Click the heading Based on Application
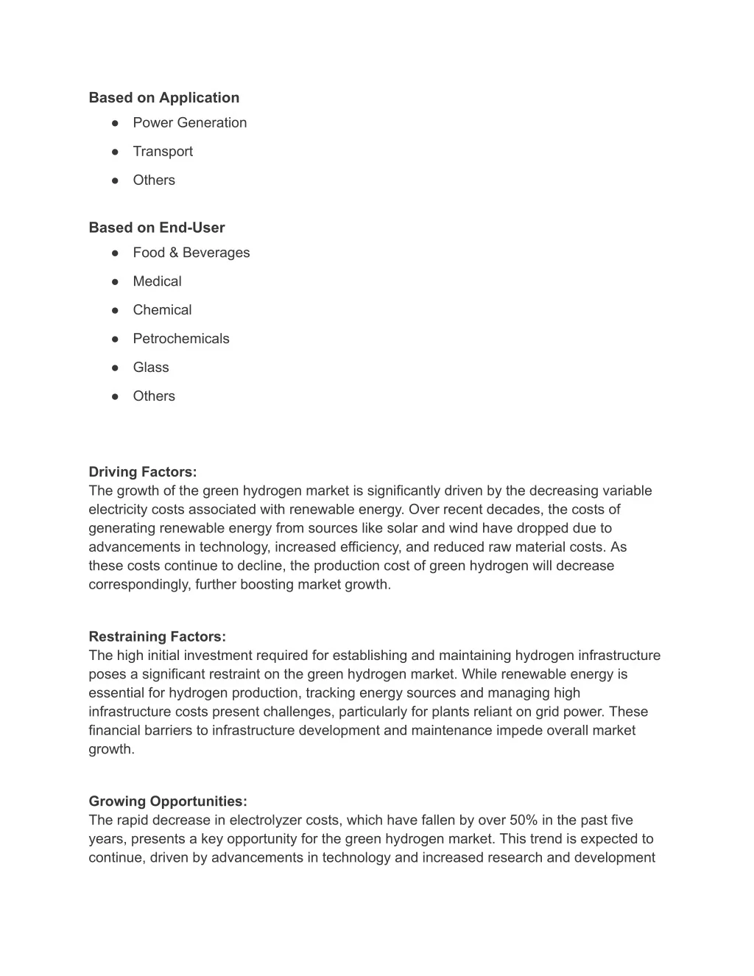[x=163, y=98]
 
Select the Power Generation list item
[x=189, y=123]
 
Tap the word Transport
[x=163, y=152]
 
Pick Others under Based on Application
[x=154, y=180]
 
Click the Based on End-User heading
[x=156, y=228]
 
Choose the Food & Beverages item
[x=191, y=253]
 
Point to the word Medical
[x=157, y=281]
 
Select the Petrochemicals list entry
[x=181, y=339]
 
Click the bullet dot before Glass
[x=116, y=368]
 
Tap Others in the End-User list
[x=154, y=396]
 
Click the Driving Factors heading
[x=143, y=472]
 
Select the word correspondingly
[x=140, y=585]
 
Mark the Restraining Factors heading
[x=157, y=636]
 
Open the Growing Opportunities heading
[x=168, y=801]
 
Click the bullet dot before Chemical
[x=116, y=310]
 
